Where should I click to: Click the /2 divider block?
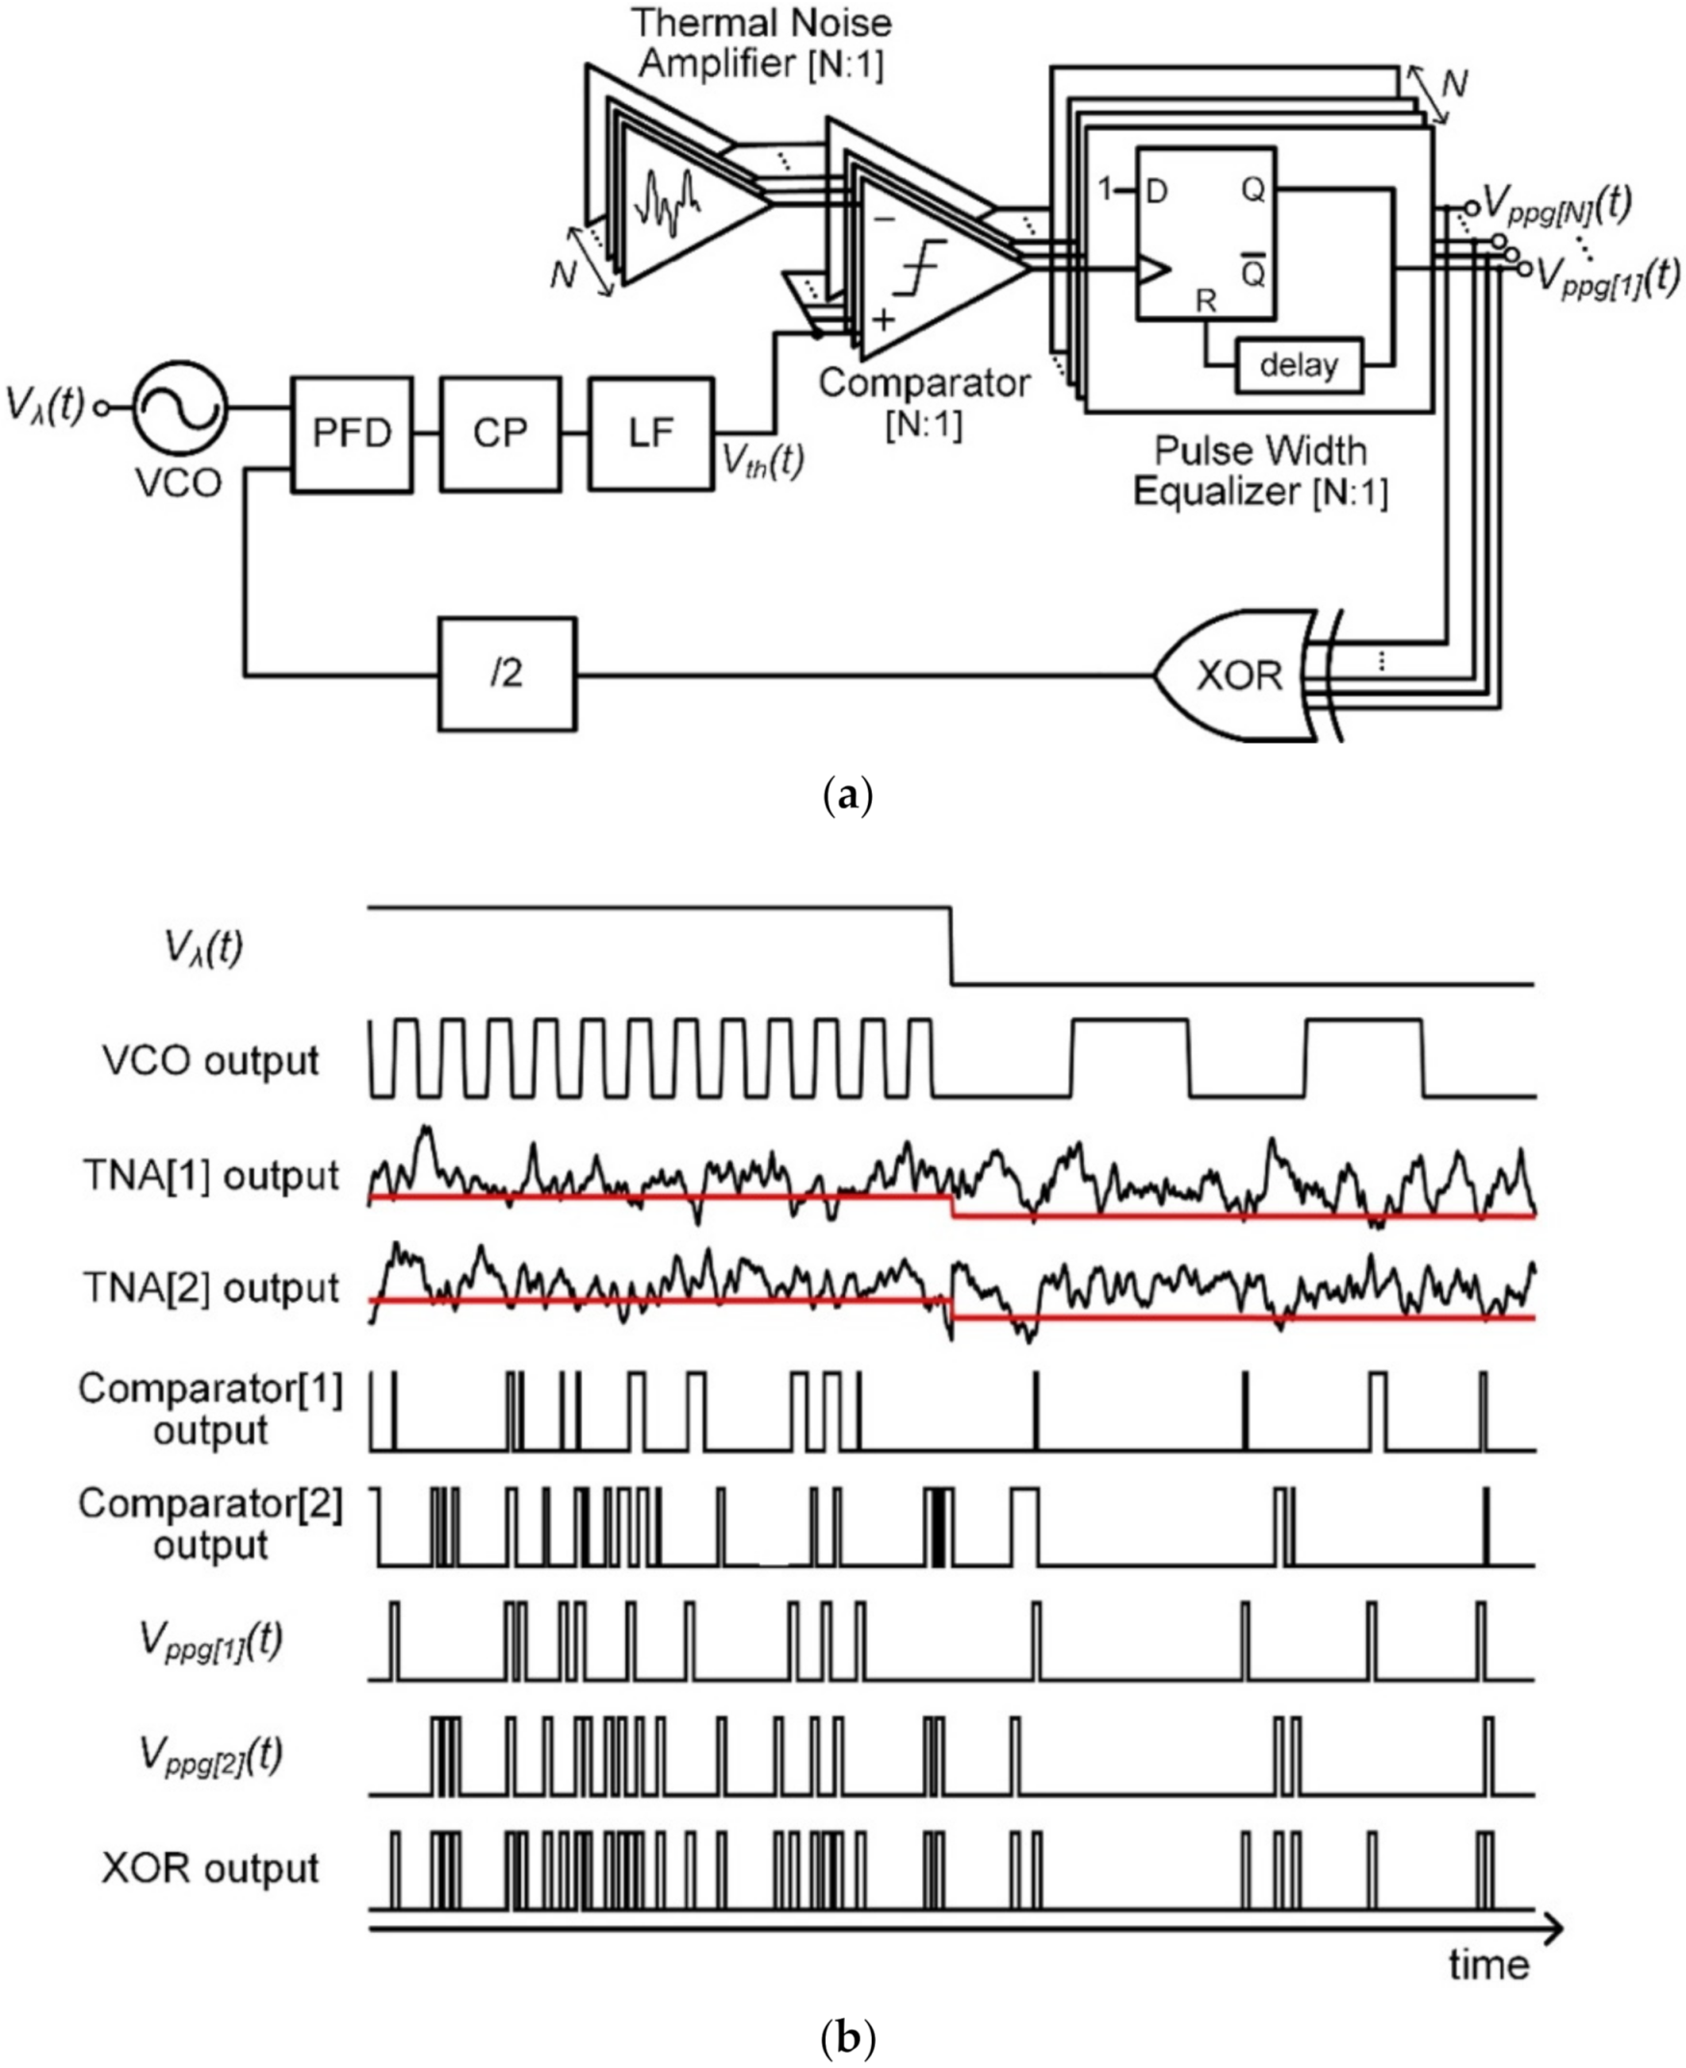(507, 675)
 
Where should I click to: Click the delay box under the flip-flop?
(1299, 366)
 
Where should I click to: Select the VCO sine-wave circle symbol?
(179, 407)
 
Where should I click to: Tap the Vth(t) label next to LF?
(762, 461)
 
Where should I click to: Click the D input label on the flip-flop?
(1156, 192)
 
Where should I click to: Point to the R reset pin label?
(1205, 301)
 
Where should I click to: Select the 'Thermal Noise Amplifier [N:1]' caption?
(760, 43)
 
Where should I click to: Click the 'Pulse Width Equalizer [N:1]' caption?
(1260, 471)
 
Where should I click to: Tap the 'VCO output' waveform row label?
(210, 1061)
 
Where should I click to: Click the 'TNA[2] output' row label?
(211, 1288)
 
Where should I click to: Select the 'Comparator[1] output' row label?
(210, 1410)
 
